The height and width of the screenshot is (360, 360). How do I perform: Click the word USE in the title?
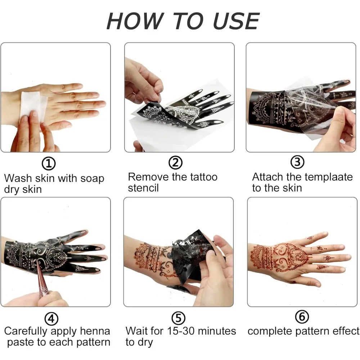click(x=236, y=21)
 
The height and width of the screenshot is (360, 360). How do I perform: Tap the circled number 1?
click(x=49, y=163)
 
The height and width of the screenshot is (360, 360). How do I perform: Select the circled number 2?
click(x=175, y=163)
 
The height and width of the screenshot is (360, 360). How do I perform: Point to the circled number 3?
click(x=298, y=162)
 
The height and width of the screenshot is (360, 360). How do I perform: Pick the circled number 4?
click(x=51, y=319)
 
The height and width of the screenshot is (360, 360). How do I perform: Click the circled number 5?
click(x=179, y=318)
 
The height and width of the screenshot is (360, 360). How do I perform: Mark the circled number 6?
click(x=302, y=317)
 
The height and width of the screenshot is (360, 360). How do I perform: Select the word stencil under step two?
click(x=143, y=188)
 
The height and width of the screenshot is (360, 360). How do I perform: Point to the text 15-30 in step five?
click(x=181, y=331)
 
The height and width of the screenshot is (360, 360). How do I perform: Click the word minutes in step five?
click(x=217, y=331)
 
